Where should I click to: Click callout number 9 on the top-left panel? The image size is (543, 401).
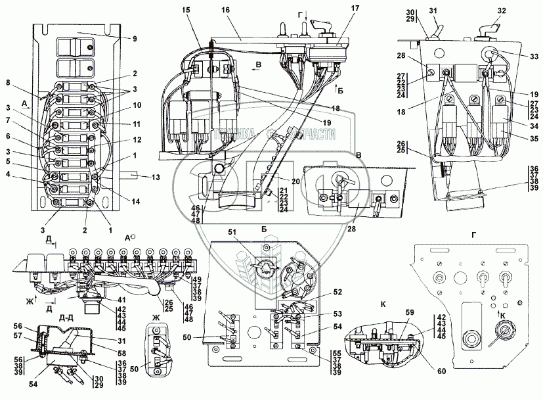[134, 39]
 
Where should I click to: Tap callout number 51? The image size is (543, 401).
[231, 231]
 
